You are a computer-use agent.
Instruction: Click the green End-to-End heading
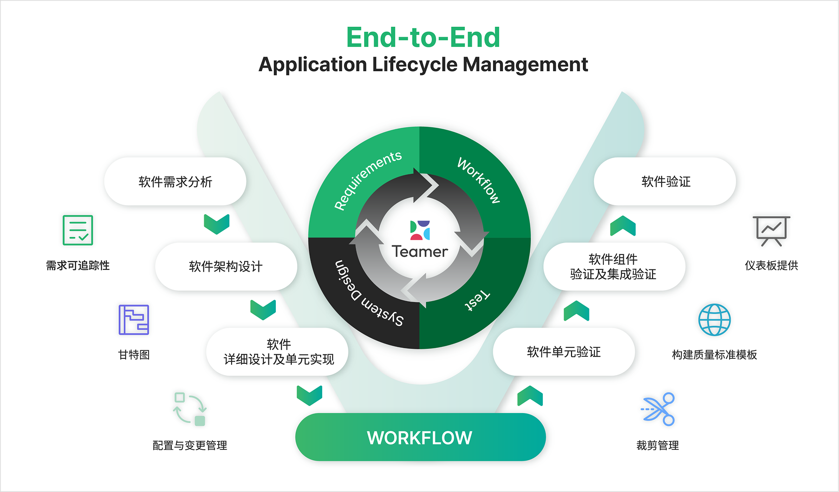(x=423, y=38)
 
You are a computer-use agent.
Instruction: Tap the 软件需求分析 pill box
(x=175, y=182)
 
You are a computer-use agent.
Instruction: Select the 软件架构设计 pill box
(x=226, y=267)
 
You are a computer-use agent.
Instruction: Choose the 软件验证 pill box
(x=666, y=182)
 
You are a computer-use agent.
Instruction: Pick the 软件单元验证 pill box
(x=564, y=352)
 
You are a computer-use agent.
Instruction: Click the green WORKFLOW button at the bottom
(x=420, y=437)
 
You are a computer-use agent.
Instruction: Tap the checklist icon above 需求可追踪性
(x=78, y=230)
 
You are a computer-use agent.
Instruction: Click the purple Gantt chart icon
(x=134, y=320)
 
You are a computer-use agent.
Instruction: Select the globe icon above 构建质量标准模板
(x=714, y=320)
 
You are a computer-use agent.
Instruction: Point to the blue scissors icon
(x=658, y=409)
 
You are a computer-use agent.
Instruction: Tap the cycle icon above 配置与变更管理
(x=189, y=409)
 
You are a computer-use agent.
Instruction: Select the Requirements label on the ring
(x=368, y=180)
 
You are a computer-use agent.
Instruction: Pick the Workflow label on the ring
(x=479, y=180)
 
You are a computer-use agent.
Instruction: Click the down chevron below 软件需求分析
(x=217, y=224)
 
